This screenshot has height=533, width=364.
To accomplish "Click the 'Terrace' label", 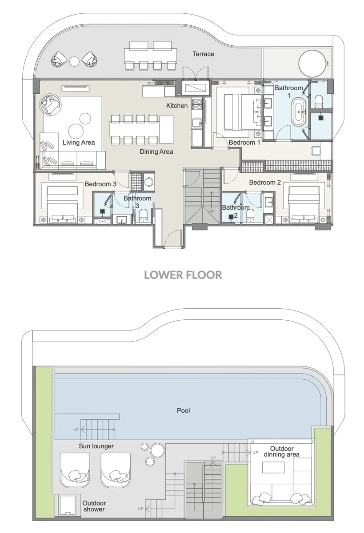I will (203, 54).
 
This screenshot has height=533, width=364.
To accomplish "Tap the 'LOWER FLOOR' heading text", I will (183, 275).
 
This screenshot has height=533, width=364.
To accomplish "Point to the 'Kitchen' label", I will (177, 106).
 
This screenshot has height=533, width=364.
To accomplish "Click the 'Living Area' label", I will (79, 143).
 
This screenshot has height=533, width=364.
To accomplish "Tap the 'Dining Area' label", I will (156, 152).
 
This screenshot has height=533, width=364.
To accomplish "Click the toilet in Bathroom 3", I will (143, 216).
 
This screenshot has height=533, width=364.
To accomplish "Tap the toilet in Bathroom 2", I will (250, 216).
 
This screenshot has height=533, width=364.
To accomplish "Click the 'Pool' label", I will (183, 410).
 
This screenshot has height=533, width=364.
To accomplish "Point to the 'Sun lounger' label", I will (96, 446).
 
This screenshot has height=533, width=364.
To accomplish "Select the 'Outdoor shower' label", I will (94, 506).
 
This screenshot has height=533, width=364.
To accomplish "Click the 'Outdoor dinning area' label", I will (282, 451).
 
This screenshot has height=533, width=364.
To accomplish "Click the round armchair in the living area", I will (50, 105).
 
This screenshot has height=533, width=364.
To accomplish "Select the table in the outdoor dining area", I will (273, 469).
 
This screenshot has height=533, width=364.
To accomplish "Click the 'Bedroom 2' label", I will (265, 183).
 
